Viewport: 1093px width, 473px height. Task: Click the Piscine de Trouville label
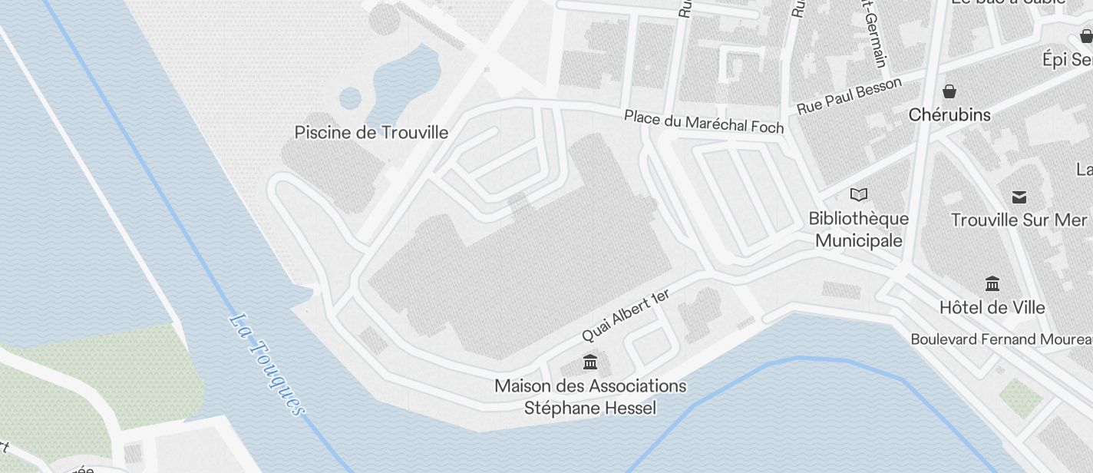pos(371,132)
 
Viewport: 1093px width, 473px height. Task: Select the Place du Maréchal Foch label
pos(704,121)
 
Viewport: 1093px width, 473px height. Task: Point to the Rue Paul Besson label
pos(849,96)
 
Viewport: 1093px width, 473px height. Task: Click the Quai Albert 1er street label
pos(626,316)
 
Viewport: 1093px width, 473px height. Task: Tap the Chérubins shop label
pos(949,115)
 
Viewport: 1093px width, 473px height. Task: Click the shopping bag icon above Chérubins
pos(949,91)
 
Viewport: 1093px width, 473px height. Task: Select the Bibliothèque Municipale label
pos(859,230)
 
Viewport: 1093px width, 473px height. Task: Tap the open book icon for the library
pos(859,195)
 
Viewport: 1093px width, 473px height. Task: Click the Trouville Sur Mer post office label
pos(1019,220)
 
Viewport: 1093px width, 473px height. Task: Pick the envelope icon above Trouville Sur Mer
pos(1019,197)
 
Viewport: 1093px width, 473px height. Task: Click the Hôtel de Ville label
pos(992,308)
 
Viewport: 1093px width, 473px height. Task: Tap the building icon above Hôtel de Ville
pos(992,284)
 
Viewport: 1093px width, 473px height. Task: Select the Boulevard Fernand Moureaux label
pos(1001,339)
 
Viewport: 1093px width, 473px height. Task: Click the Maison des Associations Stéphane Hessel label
pos(590,396)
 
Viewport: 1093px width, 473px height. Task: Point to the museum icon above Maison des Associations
pos(590,362)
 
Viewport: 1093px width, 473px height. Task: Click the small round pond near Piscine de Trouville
pos(350,98)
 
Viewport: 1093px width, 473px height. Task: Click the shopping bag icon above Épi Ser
pos(1086,35)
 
